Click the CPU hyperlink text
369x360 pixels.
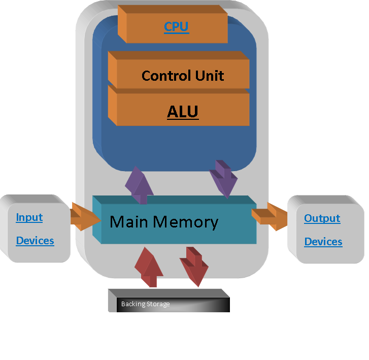click(177, 27)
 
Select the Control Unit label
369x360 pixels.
click(183, 76)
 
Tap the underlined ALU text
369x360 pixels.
click(183, 112)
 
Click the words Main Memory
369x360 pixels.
click(164, 222)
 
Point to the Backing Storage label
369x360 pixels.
click(145, 304)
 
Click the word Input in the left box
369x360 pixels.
click(29, 217)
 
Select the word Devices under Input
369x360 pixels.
click(35, 241)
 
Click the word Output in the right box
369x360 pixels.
click(322, 218)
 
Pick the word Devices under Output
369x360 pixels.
click(323, 242)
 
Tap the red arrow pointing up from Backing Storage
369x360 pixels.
click(150, 268)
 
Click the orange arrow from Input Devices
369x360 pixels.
click(83, 217)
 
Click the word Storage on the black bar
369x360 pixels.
click(158, 304)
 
